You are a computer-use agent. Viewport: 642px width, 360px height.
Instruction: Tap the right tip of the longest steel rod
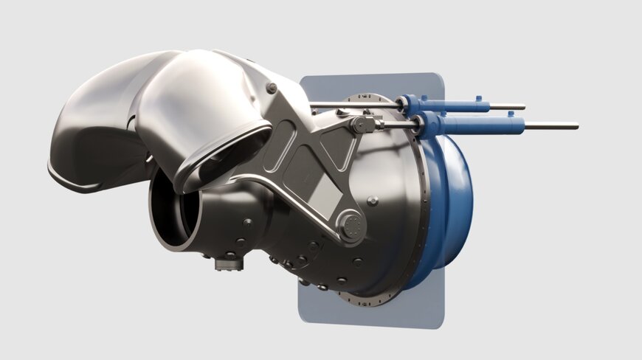point(576,126)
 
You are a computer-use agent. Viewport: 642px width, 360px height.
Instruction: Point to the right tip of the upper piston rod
point(524,107)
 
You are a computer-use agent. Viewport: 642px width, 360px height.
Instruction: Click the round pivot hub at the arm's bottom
point(350,223)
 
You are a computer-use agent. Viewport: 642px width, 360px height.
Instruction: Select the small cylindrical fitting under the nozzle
point(228,261)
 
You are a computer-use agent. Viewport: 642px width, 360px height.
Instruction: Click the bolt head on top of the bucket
point(272,89)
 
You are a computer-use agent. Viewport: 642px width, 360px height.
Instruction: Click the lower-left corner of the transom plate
point(300,319)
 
